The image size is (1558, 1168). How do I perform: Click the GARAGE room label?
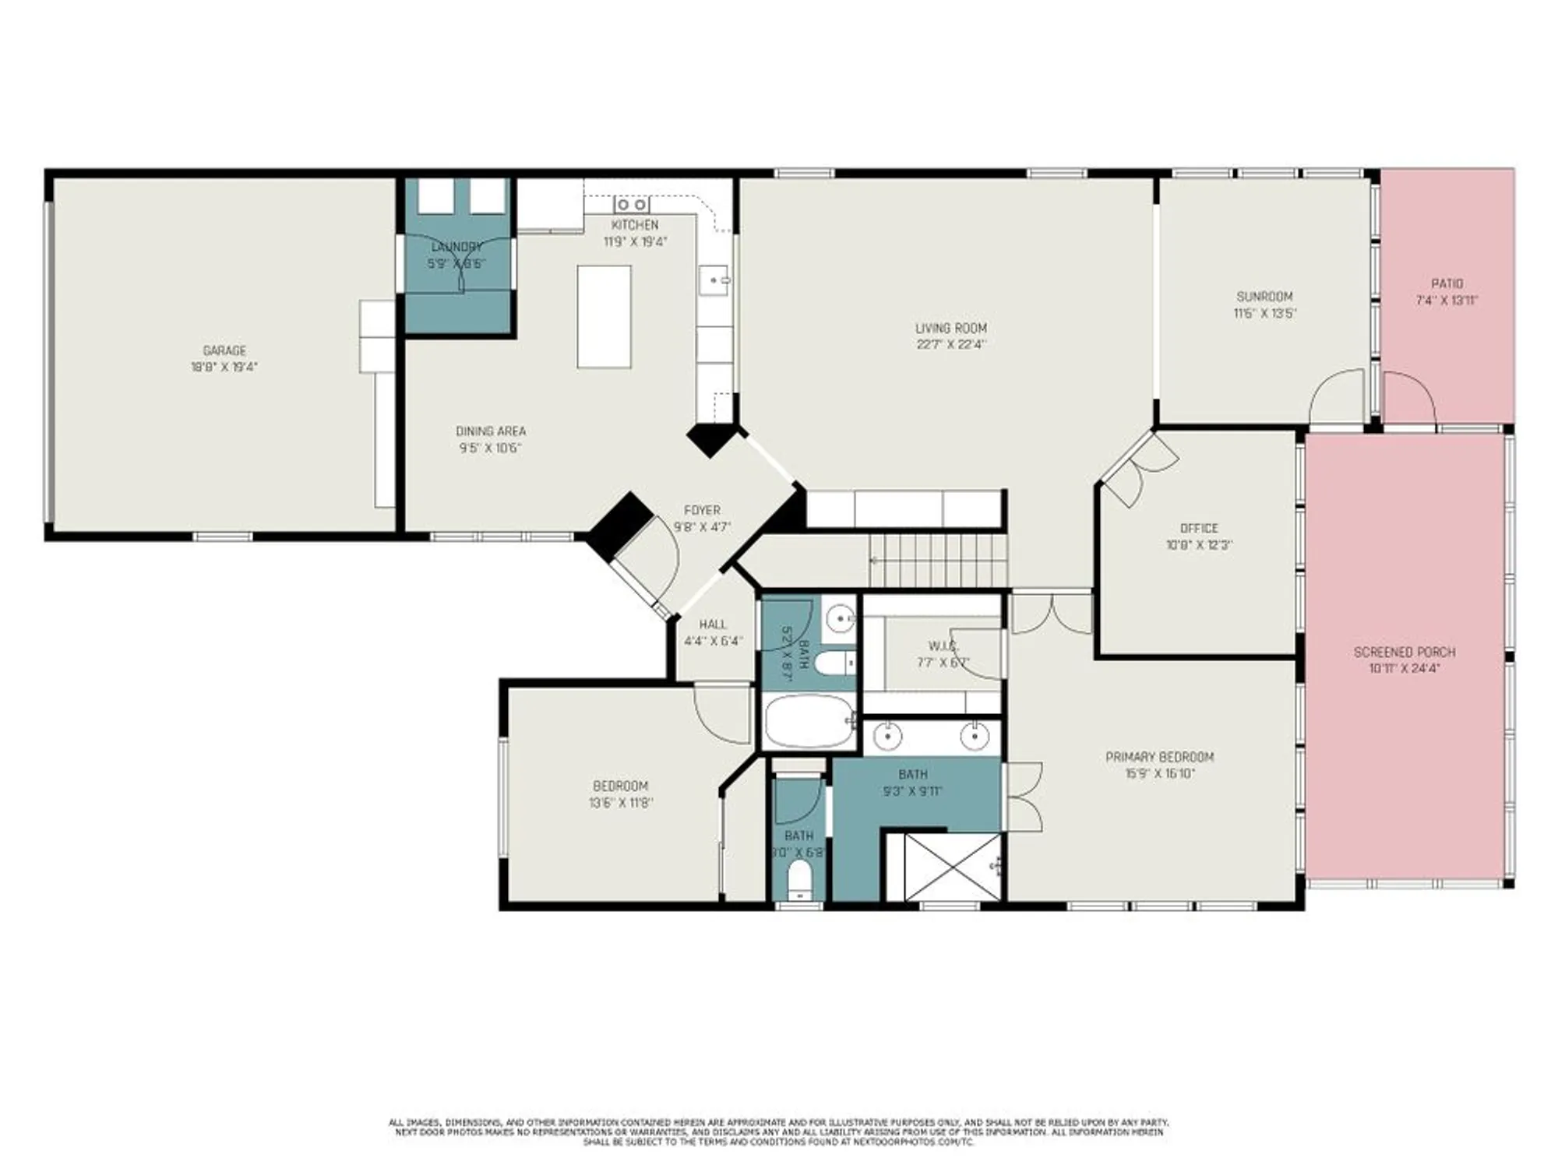click(224, 350)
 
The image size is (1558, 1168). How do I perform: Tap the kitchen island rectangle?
click(604, 316)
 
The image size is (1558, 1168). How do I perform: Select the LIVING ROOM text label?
click(950, 328)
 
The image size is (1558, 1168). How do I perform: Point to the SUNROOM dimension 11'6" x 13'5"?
click(1264, 314)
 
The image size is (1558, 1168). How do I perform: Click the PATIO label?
click(1447, 283)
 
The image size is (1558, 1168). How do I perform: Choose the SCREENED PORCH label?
click(1404, 652)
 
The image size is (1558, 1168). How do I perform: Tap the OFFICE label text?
click(1198, 528)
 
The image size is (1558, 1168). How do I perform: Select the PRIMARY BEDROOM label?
click(1159, 756)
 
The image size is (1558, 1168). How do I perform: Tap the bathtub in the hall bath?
click(808, 721)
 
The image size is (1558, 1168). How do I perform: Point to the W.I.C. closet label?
click(943, 646)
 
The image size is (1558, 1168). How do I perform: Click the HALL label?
click(713, 624)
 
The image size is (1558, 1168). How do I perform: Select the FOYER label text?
click(702, 510)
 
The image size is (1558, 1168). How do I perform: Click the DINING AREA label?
click(490, 431)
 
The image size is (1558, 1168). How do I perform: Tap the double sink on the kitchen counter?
click(632, 205)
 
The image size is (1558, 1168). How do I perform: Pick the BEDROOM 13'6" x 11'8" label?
click(620, 786)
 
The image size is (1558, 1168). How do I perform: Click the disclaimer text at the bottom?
click(779, 1131)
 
